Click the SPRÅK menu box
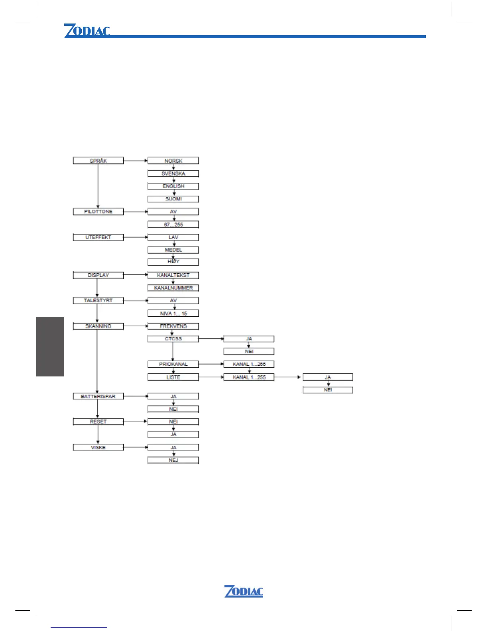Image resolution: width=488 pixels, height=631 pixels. tap(98, 161)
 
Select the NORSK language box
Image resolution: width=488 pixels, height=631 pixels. tap(173, 161)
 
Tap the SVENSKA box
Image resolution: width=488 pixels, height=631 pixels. tap(173, 173)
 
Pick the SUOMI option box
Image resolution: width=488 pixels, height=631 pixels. tap(173, 199)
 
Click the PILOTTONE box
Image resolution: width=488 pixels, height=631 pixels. tap(98, 212)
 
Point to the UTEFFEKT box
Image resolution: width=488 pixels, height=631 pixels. tap(98, 237)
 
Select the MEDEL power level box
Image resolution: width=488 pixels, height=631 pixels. tap(173, 250)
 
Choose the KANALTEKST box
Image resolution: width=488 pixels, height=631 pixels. tap(173, 275)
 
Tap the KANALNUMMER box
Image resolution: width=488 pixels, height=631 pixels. tap(173, 288)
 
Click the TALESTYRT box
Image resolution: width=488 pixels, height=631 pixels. tap(98, 300)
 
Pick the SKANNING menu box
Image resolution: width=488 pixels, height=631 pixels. tap(98, 326)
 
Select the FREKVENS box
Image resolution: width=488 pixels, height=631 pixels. tap(173, 326)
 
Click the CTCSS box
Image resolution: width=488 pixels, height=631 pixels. tap(173, 339)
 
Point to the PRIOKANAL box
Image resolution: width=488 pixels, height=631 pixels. tap(173, 364)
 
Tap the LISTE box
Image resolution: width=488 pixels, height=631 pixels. tap(173, 377)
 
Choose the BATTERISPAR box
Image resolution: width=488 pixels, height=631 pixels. tap(98, 396)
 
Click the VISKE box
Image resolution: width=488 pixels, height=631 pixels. tap(98, 447)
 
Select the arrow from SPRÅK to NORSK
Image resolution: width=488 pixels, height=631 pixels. tap(136, 161)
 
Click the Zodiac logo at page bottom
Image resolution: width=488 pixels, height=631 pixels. tap(244, 591)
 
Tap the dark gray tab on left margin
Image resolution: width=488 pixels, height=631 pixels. tap(50, 346)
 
